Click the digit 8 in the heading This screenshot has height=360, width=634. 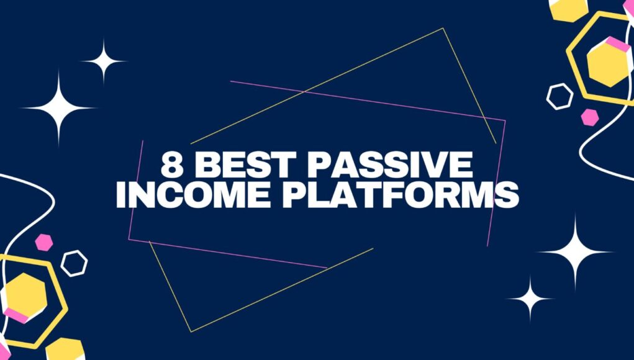tap(172, 165)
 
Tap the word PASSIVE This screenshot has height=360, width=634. tap(391, 165)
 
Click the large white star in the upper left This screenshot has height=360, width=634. tap(59, 108)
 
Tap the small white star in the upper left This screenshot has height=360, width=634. tap(104, 61)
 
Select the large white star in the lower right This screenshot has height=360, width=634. tap(576, 252)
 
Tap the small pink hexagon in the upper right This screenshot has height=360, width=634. tap(590, 117)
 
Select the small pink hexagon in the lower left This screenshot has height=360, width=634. tap(43, 243)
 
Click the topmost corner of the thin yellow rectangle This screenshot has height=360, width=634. tap(443, 29)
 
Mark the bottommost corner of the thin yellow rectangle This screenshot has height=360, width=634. tap(191, 331)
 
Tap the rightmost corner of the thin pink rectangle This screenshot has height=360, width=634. tap(505, 120)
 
